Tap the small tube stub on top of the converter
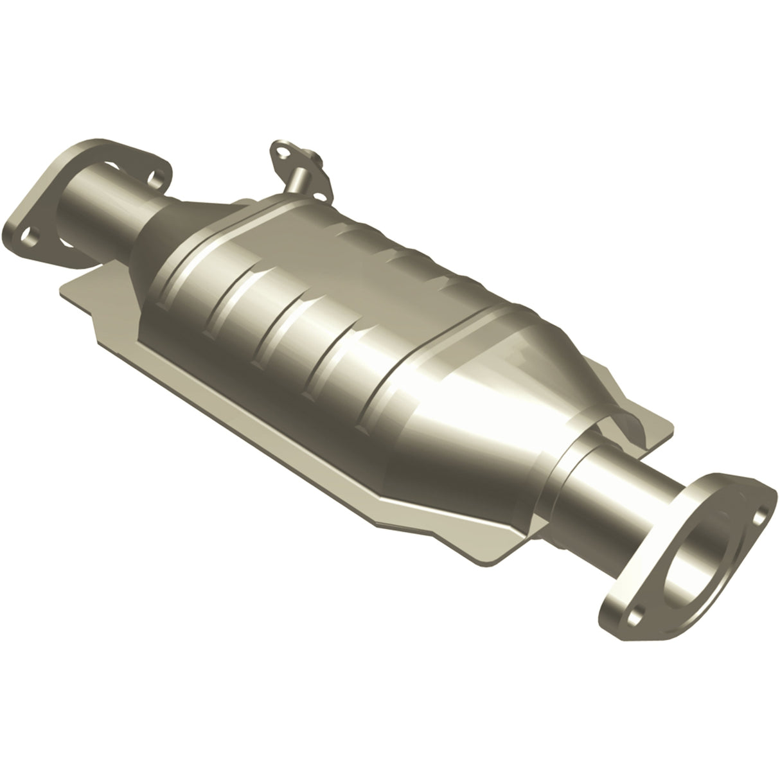tap(297, 177)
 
